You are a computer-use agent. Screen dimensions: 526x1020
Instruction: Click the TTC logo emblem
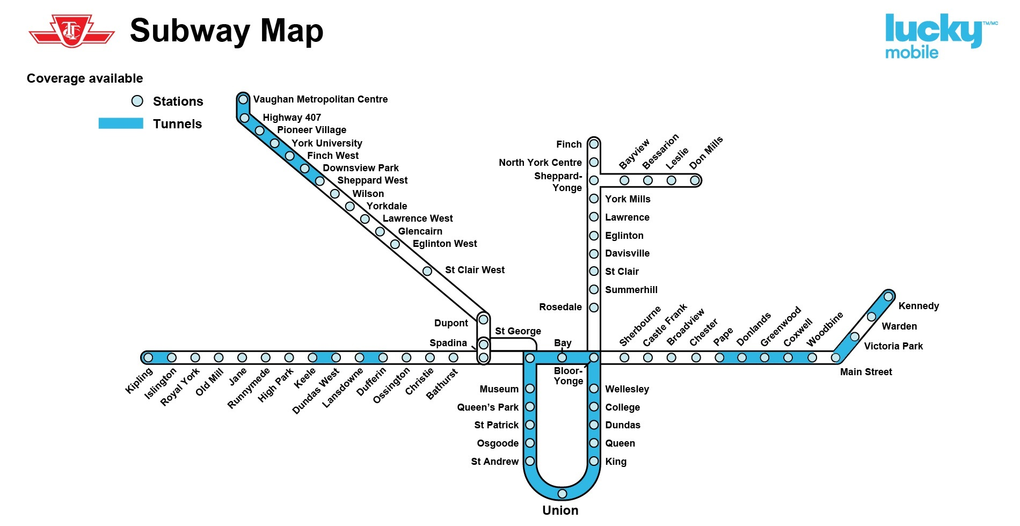click(x=71, y=31)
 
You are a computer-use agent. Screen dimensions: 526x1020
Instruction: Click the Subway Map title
click(x=227, y=31)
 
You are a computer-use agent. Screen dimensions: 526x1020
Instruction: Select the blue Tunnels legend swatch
click(x=121, y=123)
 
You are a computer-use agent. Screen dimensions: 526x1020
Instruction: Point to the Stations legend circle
click(x=137, y=101)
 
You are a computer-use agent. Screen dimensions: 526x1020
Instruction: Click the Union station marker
click(x=562, y=493)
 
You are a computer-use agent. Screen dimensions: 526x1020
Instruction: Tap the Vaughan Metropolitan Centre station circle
click(x=243, y=99)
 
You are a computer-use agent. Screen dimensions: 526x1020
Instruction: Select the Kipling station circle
click(x=149, y=357)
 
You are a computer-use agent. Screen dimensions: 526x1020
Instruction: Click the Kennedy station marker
click(x=888, y=296)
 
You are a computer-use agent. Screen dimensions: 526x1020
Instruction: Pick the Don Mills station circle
click(x=695, y=180)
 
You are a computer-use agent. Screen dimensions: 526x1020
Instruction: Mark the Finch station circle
click(x=594, y=144)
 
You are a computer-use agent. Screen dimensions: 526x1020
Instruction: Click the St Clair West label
click(x=475, y=270)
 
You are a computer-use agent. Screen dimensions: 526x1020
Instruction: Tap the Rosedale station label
click(x=560, y=307)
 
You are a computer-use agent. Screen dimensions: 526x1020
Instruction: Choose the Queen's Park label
click(x=487, y=407)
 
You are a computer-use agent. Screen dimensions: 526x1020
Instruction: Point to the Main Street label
click(x=866, y=372)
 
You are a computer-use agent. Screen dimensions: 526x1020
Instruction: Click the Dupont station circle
click(x=483, y=320)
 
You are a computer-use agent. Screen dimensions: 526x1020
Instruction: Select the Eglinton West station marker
click(x=395, y=244)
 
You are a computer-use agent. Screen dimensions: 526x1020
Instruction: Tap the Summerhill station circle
click(x=594, y=289)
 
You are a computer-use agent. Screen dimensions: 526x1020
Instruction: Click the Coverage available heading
click(x=85, y=78)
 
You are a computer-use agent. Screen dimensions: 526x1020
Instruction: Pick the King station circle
click(x=594, y=461)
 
